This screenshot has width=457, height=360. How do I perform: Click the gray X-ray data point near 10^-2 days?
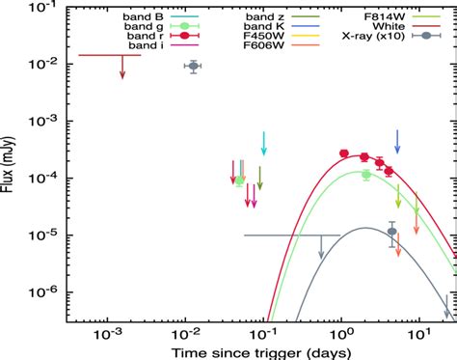point(193,67)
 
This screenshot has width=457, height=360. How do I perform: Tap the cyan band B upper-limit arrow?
point(263,143)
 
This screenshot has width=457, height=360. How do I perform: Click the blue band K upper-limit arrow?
point(397,143)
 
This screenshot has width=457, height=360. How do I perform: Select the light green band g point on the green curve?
point(365,174)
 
